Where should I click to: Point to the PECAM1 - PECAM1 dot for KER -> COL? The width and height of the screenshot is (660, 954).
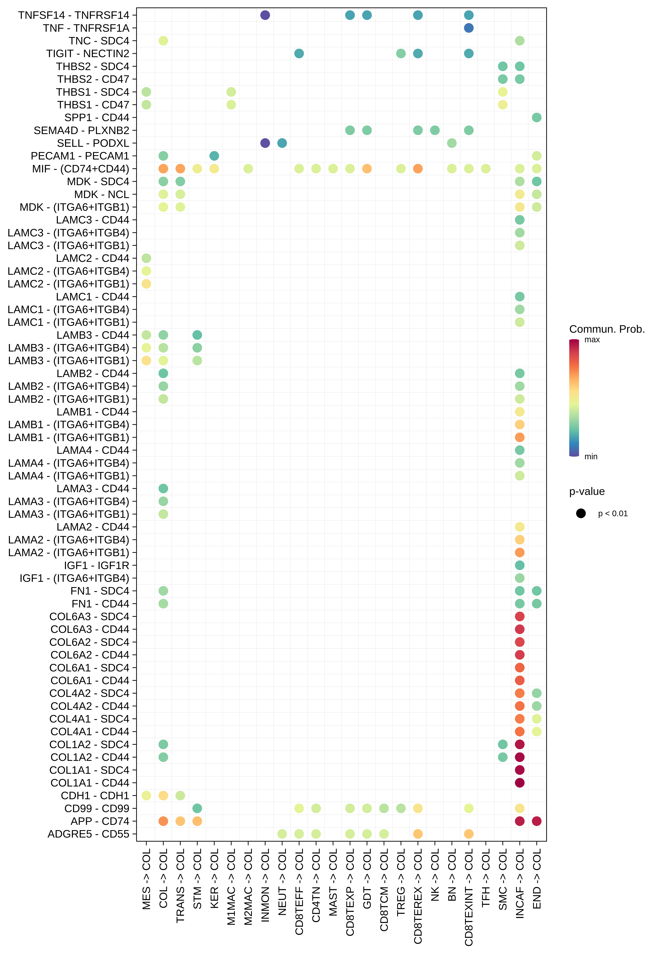pyautogui.click(x=214, y=156)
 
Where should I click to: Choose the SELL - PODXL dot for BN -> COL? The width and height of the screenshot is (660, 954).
pyautogui.click(x=452, y=143)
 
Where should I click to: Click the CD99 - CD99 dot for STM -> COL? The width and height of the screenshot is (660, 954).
pyautogui.click(x=197, y=808)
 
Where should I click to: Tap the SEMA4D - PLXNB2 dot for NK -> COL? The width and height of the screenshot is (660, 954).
pyautogui.click(x=435, y=130)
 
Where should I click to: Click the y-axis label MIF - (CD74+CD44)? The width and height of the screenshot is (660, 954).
pyautogui.click(x=81, y=169)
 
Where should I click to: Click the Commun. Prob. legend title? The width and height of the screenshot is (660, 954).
pyautogui.click(x=607, y=329)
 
